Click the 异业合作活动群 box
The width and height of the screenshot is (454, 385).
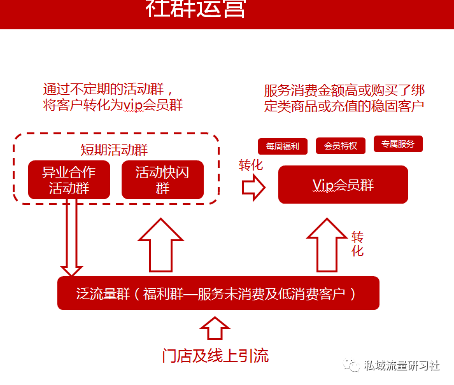69,179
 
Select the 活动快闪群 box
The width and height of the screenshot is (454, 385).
162,179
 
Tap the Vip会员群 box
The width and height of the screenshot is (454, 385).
343,185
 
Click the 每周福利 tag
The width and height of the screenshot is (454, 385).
283,146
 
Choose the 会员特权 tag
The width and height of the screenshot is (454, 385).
341,146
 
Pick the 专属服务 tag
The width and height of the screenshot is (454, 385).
398,144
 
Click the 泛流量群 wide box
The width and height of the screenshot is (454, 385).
218,293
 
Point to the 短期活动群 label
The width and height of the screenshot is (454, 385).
114,150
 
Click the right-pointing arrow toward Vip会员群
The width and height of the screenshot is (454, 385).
253,187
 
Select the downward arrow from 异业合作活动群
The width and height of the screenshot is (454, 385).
71,237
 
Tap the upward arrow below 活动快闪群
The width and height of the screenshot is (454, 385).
160,245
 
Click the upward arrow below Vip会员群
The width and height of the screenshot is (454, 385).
327,245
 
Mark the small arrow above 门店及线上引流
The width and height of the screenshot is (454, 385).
215,328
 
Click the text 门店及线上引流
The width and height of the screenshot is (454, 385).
215,356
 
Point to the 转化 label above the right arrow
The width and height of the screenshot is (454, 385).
251,165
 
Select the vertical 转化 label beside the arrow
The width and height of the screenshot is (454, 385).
357,244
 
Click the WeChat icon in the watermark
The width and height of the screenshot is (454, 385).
351,365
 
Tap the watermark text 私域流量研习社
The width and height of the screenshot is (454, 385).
402,366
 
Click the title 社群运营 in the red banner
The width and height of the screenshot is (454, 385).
195,9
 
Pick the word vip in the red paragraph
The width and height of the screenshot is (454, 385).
133,105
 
